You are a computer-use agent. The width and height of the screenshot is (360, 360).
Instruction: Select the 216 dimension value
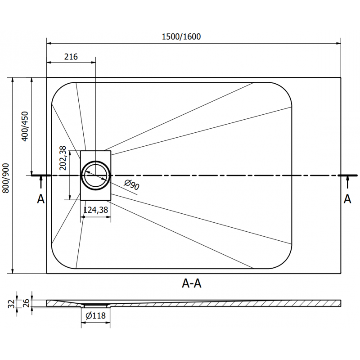point(71,57)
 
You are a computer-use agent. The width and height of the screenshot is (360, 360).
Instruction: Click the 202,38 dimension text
point(63,158)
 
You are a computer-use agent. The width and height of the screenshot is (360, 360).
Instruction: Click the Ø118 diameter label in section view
point(95,316)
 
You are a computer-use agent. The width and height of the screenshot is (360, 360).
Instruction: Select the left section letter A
point(40,198)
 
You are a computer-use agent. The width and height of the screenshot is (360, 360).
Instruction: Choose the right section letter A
point(347,198)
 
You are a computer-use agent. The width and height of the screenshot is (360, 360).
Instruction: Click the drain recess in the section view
point(95,306)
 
